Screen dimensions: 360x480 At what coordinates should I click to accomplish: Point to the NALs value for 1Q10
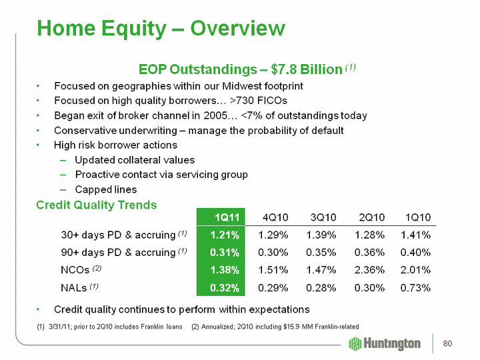click(x=414, y=287)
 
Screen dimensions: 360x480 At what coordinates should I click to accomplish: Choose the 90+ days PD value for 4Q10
click(x=273, y=252)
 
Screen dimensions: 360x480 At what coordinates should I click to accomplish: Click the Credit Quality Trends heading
click(x=96, y=205)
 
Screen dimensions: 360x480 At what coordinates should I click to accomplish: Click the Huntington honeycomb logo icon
click(x=357, y=343)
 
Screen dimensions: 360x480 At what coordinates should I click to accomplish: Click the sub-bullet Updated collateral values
click(x=135, y=160)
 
